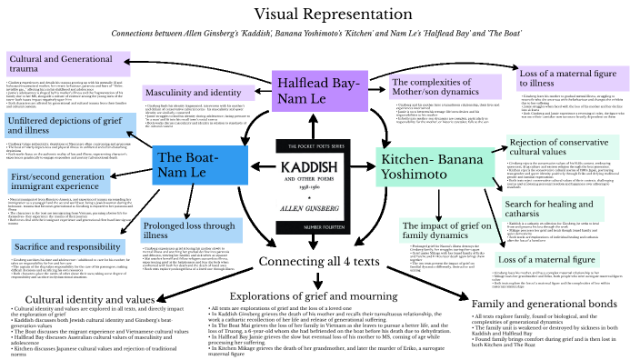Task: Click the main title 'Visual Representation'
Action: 321,15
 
